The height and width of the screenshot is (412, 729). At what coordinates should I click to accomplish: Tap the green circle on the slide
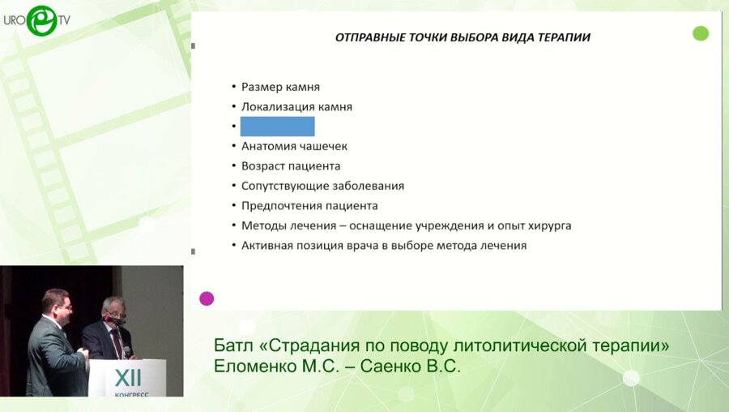pos(701,33)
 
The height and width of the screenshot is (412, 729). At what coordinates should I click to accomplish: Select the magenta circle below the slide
pos(207,298)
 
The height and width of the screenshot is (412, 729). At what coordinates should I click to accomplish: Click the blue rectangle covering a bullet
pos(277,127)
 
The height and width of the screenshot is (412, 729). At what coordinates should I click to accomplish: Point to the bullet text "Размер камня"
pos(280,87)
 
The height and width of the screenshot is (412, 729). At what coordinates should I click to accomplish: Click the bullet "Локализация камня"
pos(296,106)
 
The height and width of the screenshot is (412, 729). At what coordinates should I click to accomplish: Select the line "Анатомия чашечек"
pos(294,146)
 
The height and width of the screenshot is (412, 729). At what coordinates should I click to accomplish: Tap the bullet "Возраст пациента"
pos(291,165)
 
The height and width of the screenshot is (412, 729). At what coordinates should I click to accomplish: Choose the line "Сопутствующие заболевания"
pos(322,186)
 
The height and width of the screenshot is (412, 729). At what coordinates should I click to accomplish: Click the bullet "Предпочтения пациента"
pos(309,205)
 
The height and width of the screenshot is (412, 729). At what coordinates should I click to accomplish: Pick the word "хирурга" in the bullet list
pos(552,225)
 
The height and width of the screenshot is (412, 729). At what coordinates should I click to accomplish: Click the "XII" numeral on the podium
pos(128,377)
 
